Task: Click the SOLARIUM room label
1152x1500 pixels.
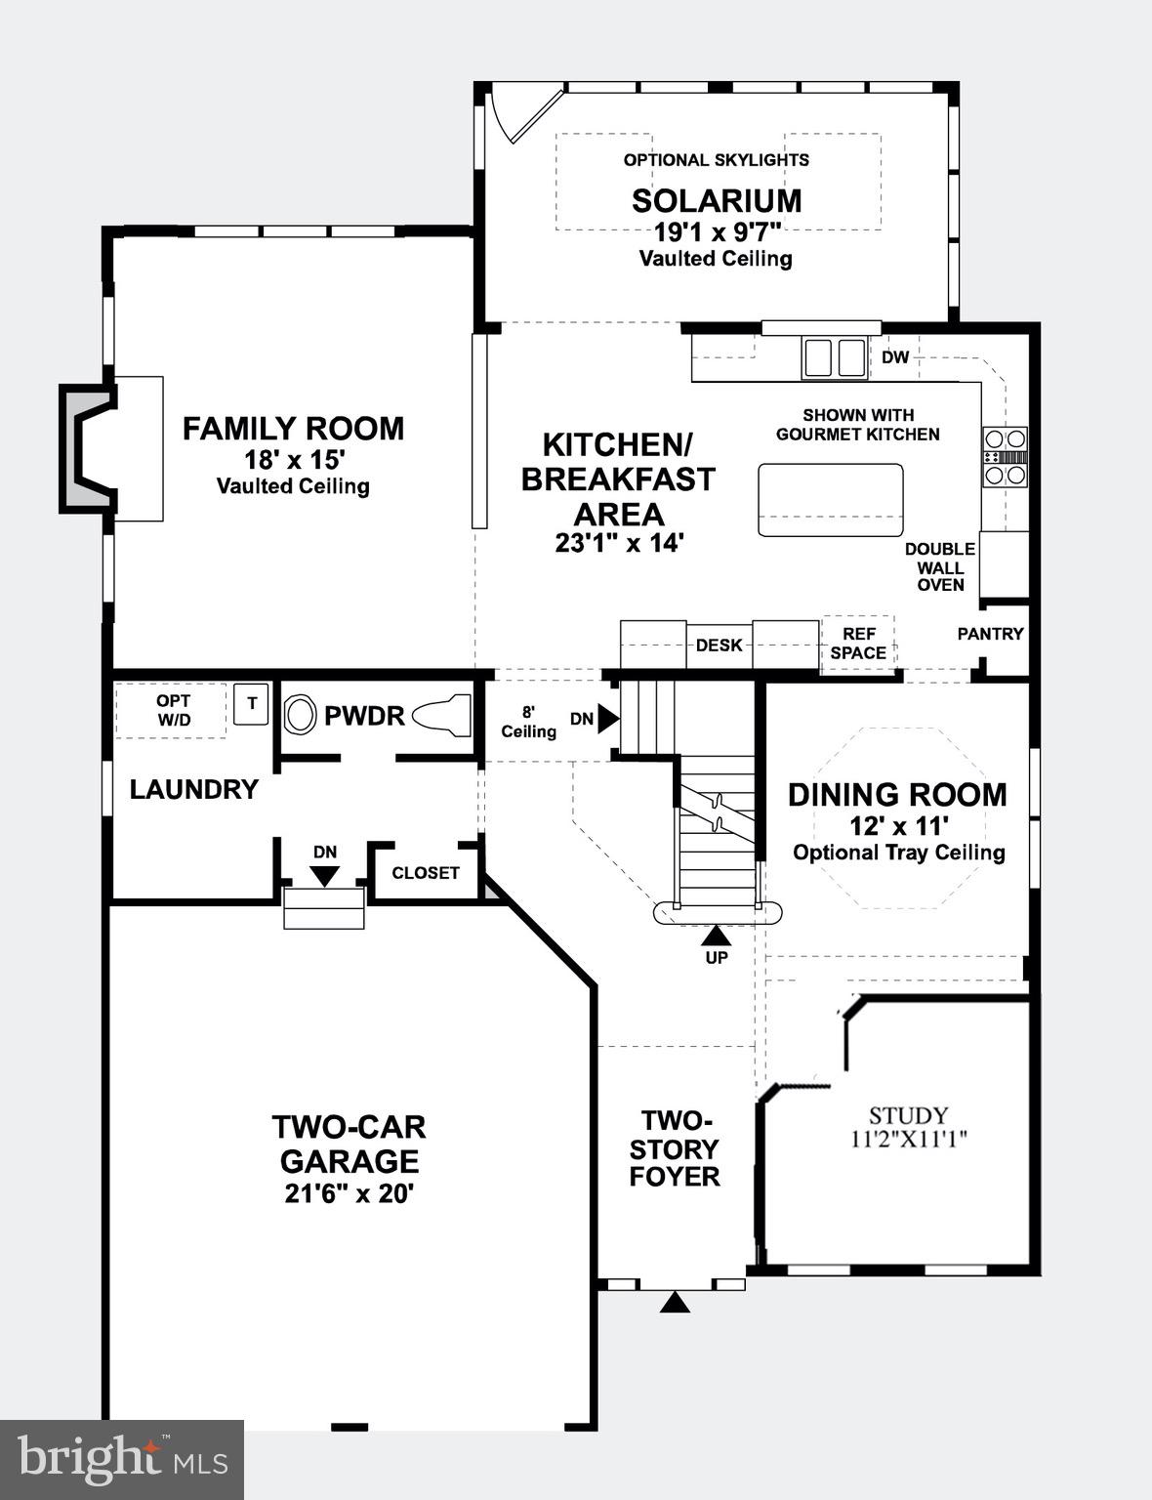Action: point(717,201)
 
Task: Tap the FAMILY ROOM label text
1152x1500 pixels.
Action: point(293,429)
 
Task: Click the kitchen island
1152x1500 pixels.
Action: point(830,500)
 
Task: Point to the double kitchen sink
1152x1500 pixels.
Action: point(835,357)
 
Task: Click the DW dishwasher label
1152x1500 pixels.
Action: point(895,357)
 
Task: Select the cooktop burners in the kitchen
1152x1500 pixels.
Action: point(1005,456)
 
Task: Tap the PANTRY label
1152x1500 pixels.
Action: point(990,634)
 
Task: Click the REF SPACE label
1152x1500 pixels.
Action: point(858,644)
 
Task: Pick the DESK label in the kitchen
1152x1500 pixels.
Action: point(719,646)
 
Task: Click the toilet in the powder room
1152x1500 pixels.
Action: point(441,716)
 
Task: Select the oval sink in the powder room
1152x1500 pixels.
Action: point(301,716)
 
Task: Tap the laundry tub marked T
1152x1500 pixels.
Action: point(252,703)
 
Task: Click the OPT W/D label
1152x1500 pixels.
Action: point(174,710)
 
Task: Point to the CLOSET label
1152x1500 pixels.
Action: point(425,873)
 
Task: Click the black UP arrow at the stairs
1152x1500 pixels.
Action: point(717,936)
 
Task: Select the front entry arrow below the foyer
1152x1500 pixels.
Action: point(675,1303)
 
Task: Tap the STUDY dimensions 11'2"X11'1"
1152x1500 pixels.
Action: point(909,1139)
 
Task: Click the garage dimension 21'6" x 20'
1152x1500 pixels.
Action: point(350,1194)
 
